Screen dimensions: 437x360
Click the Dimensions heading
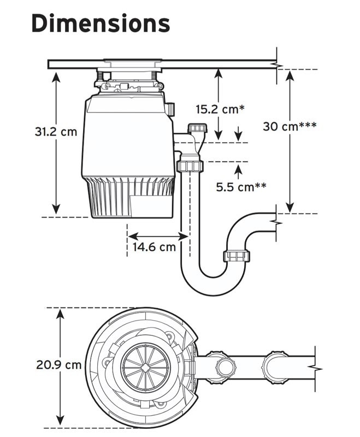pos(101,23)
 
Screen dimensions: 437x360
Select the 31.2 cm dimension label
pos(56,132)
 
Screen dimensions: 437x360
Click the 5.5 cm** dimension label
pos(241,187)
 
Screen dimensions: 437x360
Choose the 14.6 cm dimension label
pos(155,246)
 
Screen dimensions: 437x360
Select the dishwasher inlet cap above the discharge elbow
pos(196,129)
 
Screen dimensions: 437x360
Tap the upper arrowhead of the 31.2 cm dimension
pos(56,75)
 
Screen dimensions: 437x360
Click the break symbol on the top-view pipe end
pos(315,365)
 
